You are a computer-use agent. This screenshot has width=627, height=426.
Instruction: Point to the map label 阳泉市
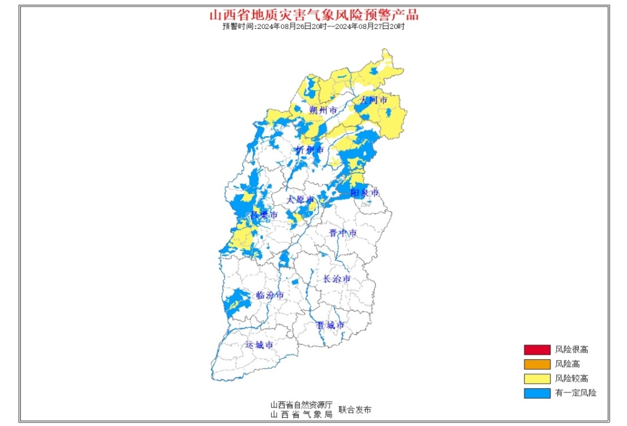coord(365,192)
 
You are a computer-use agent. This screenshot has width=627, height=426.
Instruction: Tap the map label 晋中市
coord(343,233)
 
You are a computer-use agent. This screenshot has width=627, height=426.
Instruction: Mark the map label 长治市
coord(337,279)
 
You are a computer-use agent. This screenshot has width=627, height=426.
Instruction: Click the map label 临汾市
coord(270,295)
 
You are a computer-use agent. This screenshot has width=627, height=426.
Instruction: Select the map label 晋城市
coord(330,325)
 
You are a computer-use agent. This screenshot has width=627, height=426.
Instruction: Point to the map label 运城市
coord(258,345)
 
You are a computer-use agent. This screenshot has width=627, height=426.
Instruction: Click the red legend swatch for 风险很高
coord(536,349)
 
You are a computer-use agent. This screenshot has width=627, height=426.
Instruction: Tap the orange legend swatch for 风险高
coord(536,364)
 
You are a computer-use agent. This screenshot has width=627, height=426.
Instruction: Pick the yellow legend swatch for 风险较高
coord(536,378)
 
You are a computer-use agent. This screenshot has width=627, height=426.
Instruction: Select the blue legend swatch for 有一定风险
coord(536,393)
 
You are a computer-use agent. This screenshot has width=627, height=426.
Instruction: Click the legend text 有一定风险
coord(575,393)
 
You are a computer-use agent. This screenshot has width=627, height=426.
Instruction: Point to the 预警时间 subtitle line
coord(313,27)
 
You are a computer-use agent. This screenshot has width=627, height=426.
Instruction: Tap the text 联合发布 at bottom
coord(355,410)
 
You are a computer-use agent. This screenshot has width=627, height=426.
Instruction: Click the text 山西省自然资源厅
coord(301,405)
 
